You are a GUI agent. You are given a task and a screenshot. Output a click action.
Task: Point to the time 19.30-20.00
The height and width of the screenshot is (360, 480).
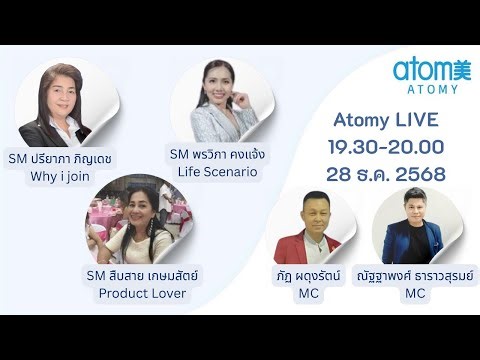(x=386, y=147)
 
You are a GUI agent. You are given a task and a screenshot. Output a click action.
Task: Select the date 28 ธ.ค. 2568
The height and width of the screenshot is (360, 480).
(x=386, y=174)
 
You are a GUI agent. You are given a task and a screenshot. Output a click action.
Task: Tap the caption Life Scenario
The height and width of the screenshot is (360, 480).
(x=217, y=172)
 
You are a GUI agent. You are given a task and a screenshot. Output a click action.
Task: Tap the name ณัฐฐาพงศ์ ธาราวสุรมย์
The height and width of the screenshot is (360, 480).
(x=414, y=274)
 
